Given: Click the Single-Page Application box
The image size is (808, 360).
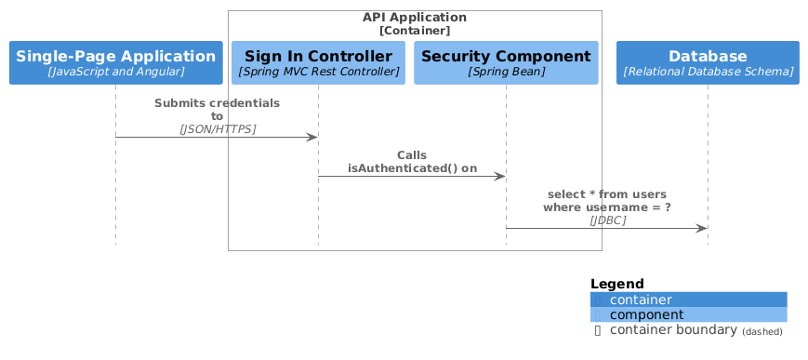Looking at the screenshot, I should tap(115, 62).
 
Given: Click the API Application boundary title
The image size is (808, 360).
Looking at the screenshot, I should tap(415, 18).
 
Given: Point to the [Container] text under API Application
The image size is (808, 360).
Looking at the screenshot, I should tap(415, 31).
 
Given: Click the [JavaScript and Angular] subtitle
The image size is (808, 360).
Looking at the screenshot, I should tap(115, 72).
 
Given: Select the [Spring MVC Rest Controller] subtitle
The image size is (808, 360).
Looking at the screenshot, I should tap(318, 72).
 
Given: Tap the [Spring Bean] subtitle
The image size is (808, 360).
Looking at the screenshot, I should tap(506, 72).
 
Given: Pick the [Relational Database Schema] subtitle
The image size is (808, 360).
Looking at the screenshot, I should tap(708, 72).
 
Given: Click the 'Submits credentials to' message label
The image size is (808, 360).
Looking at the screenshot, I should tap(217, 109).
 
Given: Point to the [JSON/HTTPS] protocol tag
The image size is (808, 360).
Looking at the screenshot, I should tap(217, 128).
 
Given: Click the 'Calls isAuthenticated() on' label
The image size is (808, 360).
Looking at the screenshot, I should tap(412, 162).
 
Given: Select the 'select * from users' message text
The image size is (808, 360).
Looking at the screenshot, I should tap(607, 194).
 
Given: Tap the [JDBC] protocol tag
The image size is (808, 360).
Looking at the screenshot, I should tap(607, 220).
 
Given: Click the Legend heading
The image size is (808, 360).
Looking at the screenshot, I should tap(617, 284).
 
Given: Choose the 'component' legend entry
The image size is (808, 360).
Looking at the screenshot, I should tap(641, 315).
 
